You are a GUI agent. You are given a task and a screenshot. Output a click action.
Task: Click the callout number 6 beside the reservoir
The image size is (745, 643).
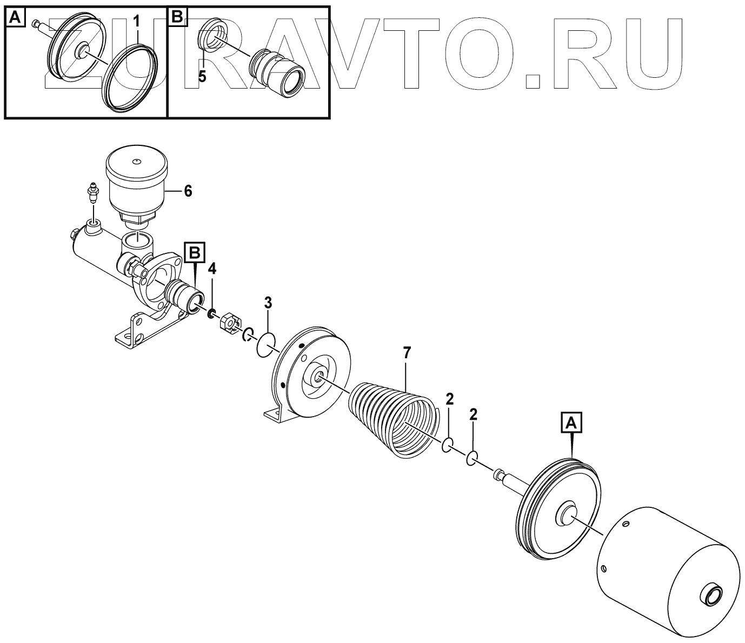[188, 191]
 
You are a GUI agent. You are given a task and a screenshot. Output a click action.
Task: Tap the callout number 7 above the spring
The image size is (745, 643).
[407, 354]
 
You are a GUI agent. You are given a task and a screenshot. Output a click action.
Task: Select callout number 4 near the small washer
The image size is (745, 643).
[212, 269]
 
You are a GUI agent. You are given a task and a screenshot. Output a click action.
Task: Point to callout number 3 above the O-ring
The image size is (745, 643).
[268, 302]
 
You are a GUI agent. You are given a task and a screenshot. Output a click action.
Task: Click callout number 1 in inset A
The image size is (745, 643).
[137, 22]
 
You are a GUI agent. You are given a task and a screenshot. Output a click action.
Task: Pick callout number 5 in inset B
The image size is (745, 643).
[202, 76]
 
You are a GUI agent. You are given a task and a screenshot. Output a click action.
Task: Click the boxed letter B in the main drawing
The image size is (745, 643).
[195, 252]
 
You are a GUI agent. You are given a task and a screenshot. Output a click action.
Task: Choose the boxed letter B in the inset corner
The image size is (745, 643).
[177, 18]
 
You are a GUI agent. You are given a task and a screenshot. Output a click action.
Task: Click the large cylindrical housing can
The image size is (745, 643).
[668, 567]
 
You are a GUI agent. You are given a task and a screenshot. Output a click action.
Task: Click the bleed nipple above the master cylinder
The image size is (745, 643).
[92, 195]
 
